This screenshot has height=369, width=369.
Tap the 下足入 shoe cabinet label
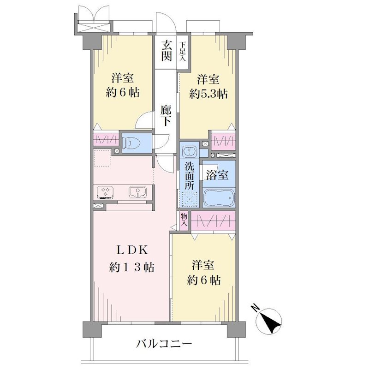[x=183, y=51]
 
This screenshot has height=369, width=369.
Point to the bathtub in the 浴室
[x=219, y=197]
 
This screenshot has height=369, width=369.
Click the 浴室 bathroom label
[x=217, y=175]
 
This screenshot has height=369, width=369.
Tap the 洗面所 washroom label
[x=189, y=176]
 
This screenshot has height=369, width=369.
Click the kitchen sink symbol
[x=138, y=192]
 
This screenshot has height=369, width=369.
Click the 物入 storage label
[x=184, y=220]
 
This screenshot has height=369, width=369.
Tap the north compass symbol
[x=269, y=321]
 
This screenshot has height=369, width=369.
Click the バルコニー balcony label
[x=164, y=344]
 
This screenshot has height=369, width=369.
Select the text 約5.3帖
[x=208, y=94]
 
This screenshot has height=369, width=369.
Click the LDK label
[x=132, y=250]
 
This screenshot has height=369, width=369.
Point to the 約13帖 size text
[x=132, y=268]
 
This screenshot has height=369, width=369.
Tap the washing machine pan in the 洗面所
[x=190, y=199]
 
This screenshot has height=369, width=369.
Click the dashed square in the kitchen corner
[x=102, y=158]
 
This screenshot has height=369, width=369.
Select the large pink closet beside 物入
[x=213, y=221]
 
